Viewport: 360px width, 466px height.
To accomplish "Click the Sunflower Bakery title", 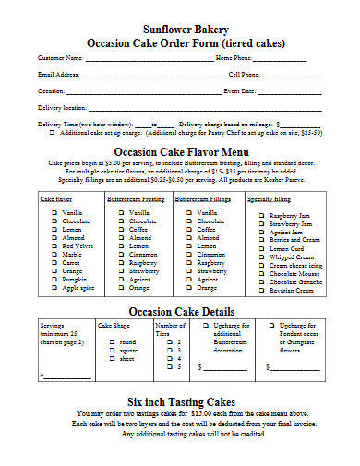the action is (x=180, y=29).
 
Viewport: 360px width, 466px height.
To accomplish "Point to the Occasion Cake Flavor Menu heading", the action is (x=180, y=152).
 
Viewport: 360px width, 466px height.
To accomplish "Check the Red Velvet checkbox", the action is (x=54, y=246).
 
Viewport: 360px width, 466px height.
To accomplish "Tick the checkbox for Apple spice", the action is (x=54, y=288).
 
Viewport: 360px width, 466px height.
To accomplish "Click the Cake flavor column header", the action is (x=57, y=198).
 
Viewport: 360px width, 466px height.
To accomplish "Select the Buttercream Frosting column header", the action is (x=136, y=198).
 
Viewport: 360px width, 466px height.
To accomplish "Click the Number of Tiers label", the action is (x=170, y=329).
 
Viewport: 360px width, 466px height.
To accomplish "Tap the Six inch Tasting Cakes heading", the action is (x=180, y=401).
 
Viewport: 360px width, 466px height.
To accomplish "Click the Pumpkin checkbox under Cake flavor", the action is (x=54, y=280).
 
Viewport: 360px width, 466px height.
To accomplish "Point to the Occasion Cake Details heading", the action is (x=180, y=310).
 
